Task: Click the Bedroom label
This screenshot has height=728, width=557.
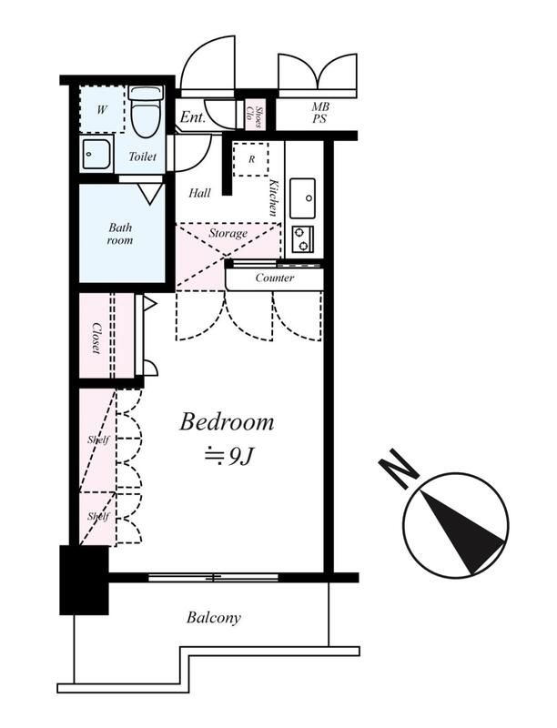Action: [227, 422]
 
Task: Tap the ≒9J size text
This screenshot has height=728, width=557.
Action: [228, 458]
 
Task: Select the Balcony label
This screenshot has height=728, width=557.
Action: [214, 618]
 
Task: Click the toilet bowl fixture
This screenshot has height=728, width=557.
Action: [146, 113]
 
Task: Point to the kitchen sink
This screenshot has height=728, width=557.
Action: [302, 198]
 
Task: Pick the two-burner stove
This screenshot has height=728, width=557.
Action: [303, 239]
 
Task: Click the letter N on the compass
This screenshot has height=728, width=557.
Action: [399, 468]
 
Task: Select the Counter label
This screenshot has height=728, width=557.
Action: [274, 278]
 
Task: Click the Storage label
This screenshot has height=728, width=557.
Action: [228, 233]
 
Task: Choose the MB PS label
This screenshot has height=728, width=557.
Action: [320, 113]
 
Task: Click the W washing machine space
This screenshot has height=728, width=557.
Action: [102, 109]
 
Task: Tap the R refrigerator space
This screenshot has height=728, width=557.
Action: [250, 159]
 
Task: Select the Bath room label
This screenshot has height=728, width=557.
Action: [120, 234]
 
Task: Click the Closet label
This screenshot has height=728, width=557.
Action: [96, 338]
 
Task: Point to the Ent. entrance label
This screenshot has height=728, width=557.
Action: [193, 117]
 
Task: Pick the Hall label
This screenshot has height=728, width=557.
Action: [199, 193]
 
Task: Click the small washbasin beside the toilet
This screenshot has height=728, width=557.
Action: [96, 154]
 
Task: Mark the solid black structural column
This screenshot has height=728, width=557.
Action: [84, 580]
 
